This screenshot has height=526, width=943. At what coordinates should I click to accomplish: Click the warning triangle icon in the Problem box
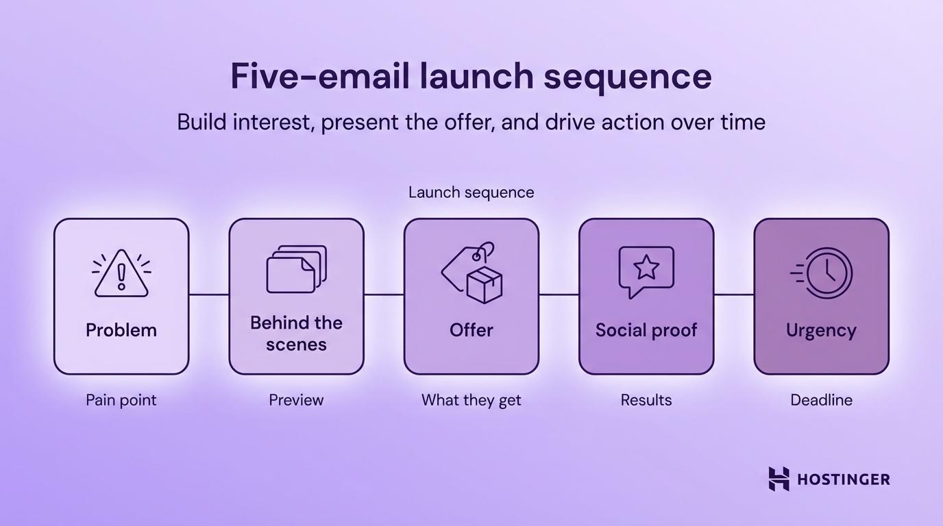coord(121,274)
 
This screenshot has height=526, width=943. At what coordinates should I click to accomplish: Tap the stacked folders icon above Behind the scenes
coord(296,270)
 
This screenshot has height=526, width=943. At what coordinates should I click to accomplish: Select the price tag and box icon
coord(472,273)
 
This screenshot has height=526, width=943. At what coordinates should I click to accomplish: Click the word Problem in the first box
coord(121,330)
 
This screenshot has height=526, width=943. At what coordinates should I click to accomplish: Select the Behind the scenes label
coord(296,333)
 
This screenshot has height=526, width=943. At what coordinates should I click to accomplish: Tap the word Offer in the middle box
coord(472,330)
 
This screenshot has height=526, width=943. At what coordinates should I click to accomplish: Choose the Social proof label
coord(646,330)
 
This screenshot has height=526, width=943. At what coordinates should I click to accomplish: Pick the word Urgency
coord(821,330)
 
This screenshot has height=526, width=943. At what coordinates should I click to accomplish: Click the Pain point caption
coord(121,400)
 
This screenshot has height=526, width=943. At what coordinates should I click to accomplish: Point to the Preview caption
coord(296,400)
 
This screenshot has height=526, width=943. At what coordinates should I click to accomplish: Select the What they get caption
coord(472,400)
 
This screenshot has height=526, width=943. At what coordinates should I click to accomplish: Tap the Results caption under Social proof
coord(646,400)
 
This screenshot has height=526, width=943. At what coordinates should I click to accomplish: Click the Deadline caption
coord(821,400)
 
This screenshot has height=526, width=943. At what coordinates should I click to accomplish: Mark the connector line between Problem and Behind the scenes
coord(208,295)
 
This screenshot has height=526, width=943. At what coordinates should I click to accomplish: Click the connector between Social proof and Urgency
coord(733,295)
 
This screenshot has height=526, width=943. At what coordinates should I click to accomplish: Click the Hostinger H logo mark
coord(779,479)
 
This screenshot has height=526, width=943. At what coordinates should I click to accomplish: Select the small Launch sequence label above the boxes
coord(472,192)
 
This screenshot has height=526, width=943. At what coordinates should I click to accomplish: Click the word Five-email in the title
coord(315,76)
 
